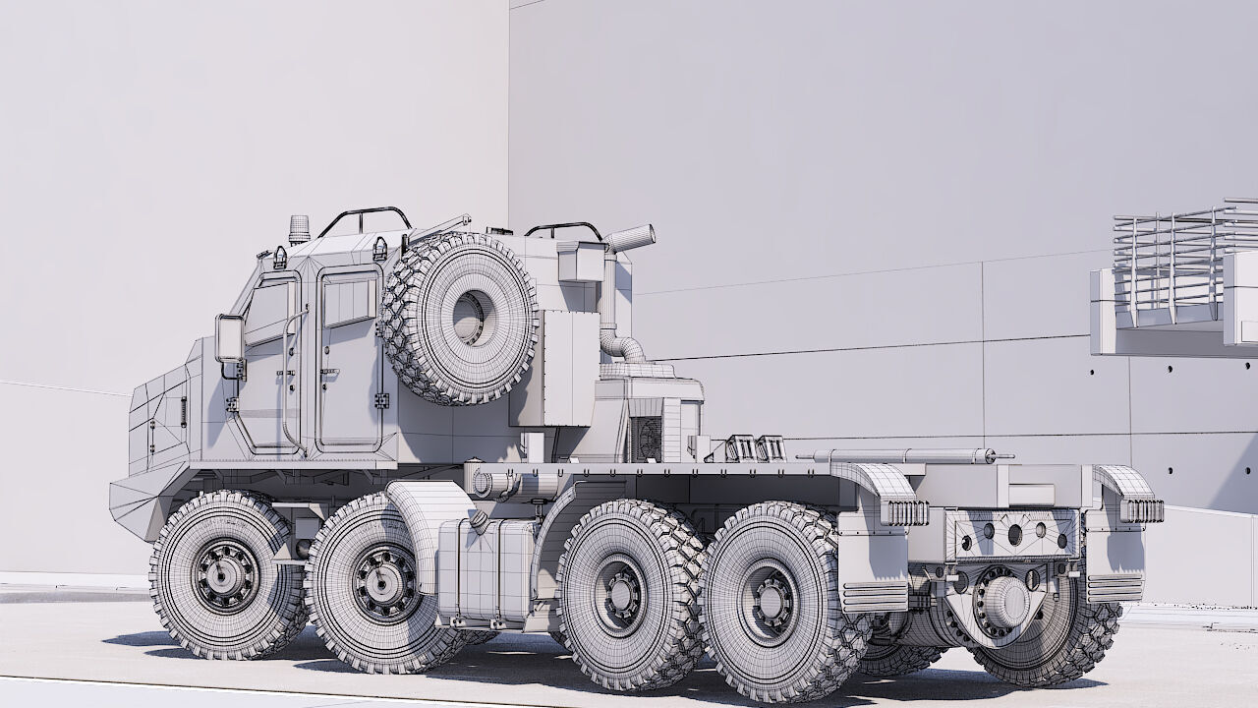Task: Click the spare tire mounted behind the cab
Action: click(x=459, y=319)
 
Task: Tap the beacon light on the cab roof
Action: click(x=299, y=229)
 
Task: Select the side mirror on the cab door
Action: click(x=229, y=339)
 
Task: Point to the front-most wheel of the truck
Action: click(x=226, y=575)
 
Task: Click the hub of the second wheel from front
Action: click(x=384, y=582)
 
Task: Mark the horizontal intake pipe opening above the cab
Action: click(x=631, y=238)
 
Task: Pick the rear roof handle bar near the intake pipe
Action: click(x=564, y=229)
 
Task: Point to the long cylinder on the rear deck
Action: click(x=904, y=456)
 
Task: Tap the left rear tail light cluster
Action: click(x=904, y=512)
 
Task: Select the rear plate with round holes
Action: click(x=1013, y=534)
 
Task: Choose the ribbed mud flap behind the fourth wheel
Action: click(x=874, y=596)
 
